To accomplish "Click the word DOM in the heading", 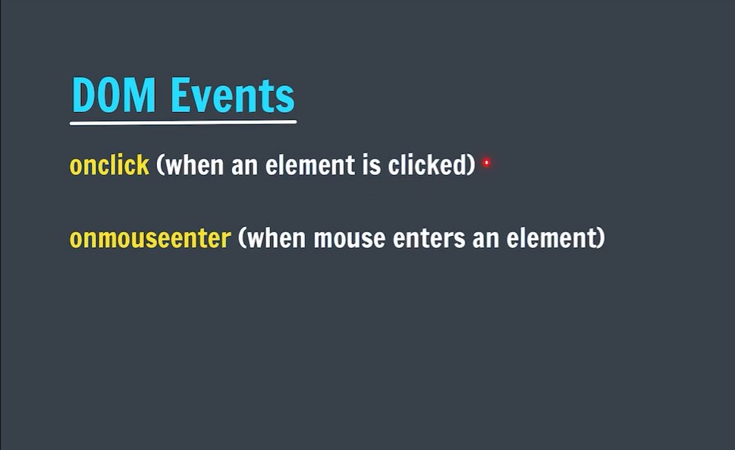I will pos(115,96).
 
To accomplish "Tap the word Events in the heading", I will pos(232,96).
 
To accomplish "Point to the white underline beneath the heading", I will pos(183,121).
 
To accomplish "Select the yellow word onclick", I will pos(109,165).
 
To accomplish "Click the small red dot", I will pos(486,162).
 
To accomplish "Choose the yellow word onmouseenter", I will pos(149,239).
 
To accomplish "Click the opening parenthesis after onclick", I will pos(160,165).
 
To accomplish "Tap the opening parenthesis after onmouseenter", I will pos(242,239).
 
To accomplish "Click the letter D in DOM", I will pos(83,96).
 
